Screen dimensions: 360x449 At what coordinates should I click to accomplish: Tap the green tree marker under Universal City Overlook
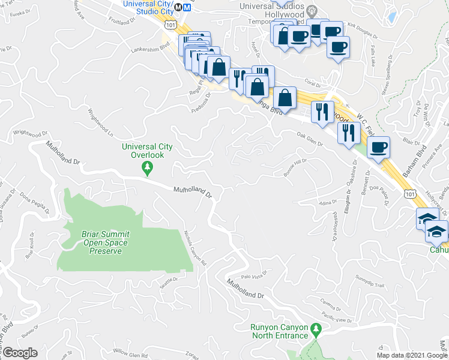(x=147, y=170)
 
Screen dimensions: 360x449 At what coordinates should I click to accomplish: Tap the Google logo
(x=20, y=353)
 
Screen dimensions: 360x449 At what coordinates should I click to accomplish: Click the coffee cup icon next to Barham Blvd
(x=378, y=146)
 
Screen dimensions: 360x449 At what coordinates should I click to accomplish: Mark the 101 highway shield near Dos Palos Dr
(x=409, y=193)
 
